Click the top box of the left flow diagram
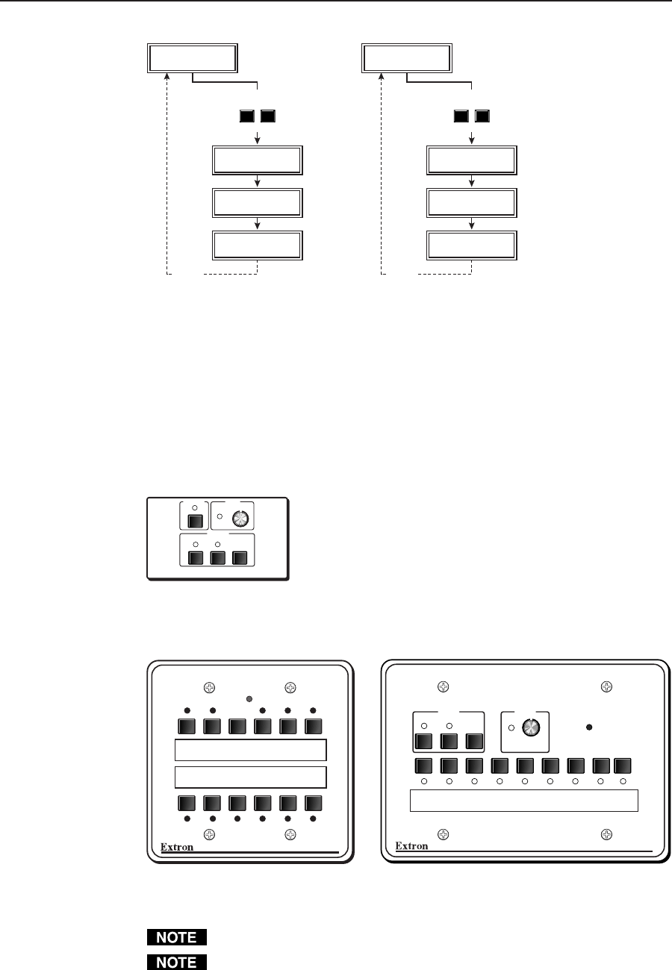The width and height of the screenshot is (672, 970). (x=193, y=58)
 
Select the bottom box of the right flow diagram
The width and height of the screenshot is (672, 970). (x=470, y=245)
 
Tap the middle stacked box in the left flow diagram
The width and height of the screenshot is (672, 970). (x=258, y=202)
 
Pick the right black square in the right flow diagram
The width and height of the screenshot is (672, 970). (x=482, y=116)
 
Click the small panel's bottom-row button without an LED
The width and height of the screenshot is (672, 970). (x=240, y=557)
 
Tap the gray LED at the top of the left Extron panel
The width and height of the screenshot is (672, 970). (x=249, y=698)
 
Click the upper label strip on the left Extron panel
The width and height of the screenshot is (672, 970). (x=250, y=750)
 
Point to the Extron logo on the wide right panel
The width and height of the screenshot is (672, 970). (x=411, y=846)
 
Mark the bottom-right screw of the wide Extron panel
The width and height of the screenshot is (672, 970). (x=608, y=830)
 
